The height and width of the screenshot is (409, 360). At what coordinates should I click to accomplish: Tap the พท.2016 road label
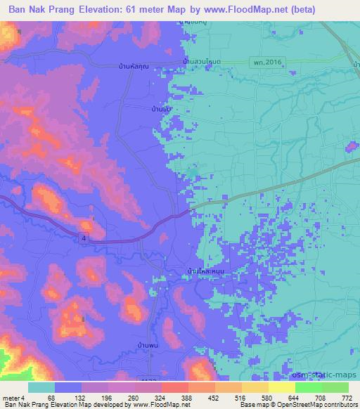(x=266, y=63)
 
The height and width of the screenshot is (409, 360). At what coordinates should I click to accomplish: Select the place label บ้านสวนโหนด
(x=202, y=63)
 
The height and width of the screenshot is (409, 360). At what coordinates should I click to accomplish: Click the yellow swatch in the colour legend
(x=257, y=387)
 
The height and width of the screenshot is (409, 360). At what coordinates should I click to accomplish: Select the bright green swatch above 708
(x=308, y=387)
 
